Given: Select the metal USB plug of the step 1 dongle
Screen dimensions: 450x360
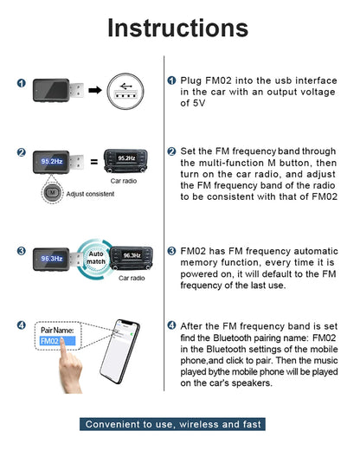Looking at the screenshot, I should click(x=72, y=88).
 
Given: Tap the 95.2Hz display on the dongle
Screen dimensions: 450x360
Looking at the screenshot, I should click(x=49, y=161).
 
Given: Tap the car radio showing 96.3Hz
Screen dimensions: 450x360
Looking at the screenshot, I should click(x=131, y=256).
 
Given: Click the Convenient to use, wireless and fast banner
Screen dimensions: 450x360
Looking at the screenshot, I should click(x=179, y=424).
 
